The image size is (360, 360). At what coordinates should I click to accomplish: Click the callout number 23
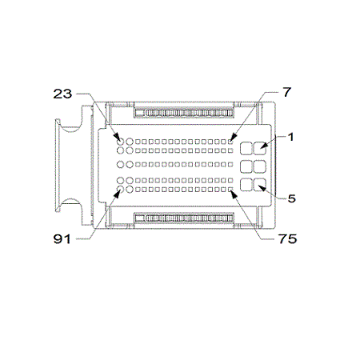pyautogui.click(x=62, y=94)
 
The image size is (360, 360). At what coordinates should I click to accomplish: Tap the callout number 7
pyautogui.click(x=287, y=92)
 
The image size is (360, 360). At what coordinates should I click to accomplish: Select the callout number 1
pyautogui.click(x=290, y=137)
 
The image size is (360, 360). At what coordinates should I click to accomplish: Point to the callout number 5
pyautogui.click(x=292, y=198)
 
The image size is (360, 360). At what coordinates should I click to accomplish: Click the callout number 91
pyautogui.click(x=62, y=239)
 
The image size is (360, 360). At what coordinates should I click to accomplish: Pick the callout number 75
pyautogui.click(x=288, y=238)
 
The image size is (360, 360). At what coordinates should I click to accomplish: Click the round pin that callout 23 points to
pyautogui.click(x=121, y=142)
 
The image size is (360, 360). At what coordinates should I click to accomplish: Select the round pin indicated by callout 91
pyautogui.click(x=121, y=190)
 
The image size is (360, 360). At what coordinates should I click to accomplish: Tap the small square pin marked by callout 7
pyautogui.click(x=230, y=142)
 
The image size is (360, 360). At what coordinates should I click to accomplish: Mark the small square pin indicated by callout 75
pyautogui.click(x=230, y=190)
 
